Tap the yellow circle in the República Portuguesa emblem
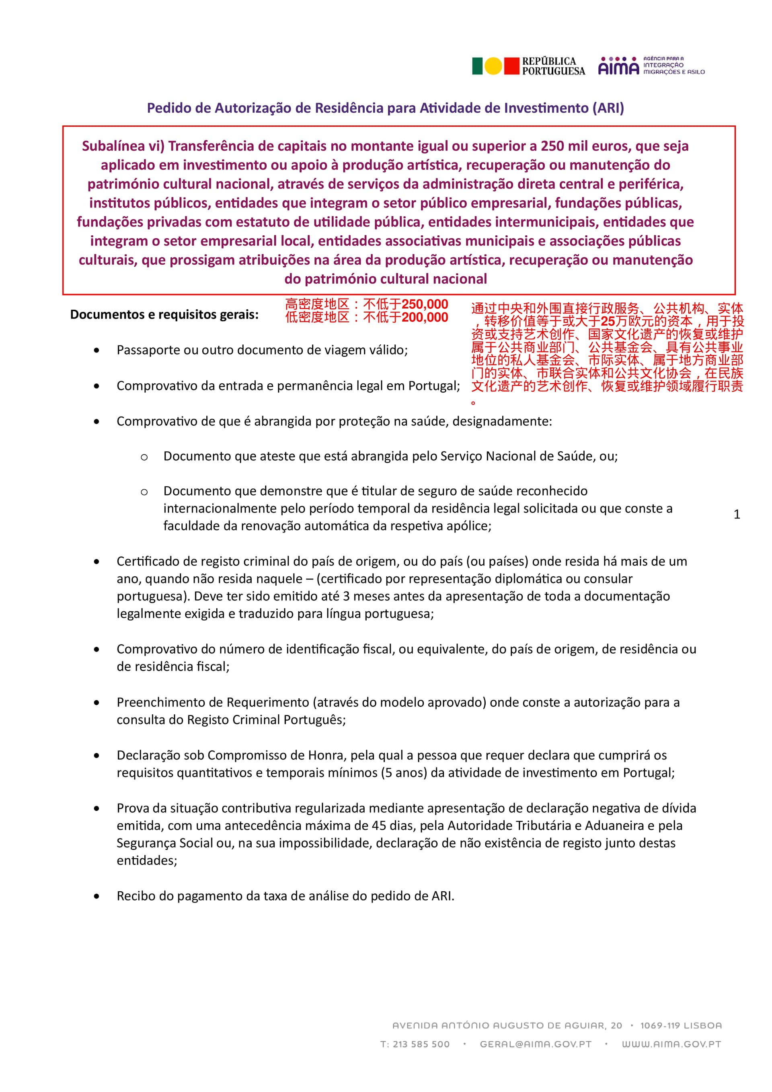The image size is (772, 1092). click(x=493, y=66)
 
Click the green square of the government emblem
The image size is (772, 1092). click(x=477, y=66)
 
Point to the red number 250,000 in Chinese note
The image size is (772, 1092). click(x=425, y=304)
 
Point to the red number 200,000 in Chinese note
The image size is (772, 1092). click(x=425, y=317)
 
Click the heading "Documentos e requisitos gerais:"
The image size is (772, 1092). click(x=164, y=315)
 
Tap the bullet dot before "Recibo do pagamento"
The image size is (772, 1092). click(x=97, y=896)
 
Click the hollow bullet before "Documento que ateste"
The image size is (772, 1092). click(x=144, y=457)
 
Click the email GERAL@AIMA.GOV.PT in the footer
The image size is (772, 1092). click(x=535, y=1044)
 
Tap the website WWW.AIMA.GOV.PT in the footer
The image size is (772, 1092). click(x=671, y=1044)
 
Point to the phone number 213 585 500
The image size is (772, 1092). click(x=421, y=1044)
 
